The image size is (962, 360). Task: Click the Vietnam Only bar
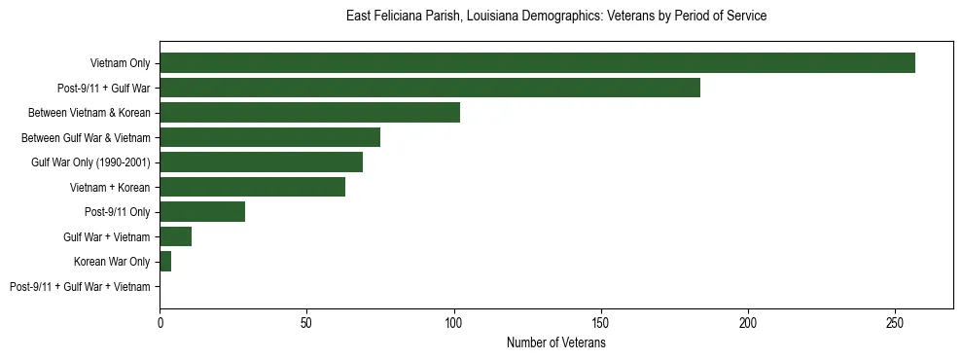coord(537,63)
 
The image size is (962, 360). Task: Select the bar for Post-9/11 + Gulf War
coord(429,88)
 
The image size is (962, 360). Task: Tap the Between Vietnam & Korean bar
coord(309,113)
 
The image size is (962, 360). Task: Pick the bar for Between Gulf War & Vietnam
coord(269,137)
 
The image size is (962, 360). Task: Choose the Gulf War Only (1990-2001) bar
coord(261,162)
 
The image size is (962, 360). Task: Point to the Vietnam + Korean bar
coord(252,187)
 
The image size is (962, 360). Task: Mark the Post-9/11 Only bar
coord(202,212)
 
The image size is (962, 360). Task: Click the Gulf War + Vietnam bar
coord(175,236)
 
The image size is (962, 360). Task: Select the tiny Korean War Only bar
coord(165,262)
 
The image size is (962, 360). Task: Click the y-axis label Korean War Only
coord(112,262)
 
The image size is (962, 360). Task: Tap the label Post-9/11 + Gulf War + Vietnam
coord(80,287)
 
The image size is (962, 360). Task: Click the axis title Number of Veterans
coord(555,342)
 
